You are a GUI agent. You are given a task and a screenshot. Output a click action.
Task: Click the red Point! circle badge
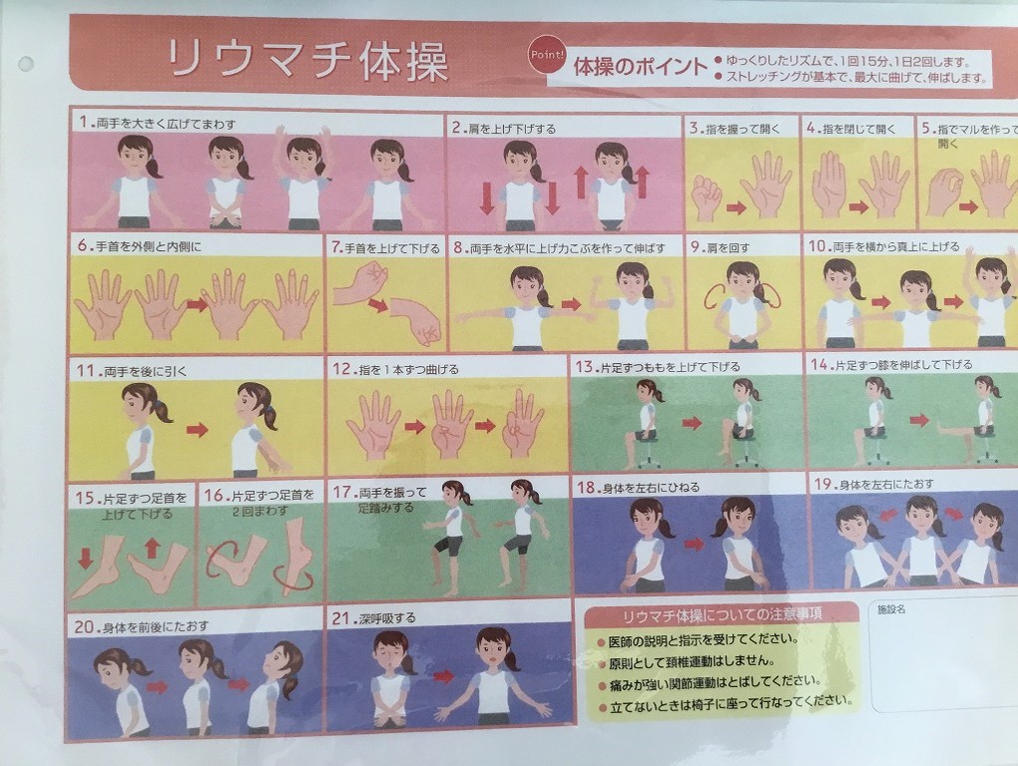coord(547,54)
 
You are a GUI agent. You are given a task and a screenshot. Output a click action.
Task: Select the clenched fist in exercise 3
coord(705,194)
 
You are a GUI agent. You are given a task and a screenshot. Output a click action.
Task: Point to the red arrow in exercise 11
coord(197,429)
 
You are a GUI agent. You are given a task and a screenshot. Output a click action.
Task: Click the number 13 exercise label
coord(584,367)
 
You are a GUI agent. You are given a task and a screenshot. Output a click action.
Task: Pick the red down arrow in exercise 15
coord(85,558)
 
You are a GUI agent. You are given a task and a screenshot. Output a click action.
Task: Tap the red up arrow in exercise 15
coord(152,549)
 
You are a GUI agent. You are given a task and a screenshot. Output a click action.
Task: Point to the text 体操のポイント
coord(640,66)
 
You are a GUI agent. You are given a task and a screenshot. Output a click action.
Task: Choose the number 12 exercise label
coord(341,369)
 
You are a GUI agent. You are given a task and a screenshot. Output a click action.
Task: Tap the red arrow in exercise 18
coord(694,543)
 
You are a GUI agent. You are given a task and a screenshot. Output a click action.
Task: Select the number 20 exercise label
coord(85,627)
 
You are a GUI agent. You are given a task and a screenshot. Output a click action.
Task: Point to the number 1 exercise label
coord(83,122)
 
